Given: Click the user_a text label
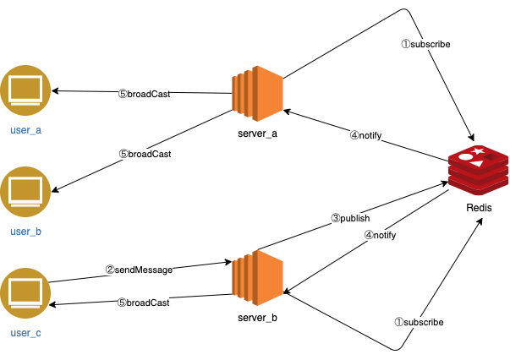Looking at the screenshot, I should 25,130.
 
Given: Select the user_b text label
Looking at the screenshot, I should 25,232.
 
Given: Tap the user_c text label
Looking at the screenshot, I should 25,333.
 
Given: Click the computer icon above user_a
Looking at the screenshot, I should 25,90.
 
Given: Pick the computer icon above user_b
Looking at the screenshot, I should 25,192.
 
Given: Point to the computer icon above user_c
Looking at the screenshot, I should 25,293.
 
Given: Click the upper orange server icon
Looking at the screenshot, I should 257,93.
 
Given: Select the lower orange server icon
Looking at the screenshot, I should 257,277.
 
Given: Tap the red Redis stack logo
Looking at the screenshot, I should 478,171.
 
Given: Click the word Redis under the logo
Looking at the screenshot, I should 479,208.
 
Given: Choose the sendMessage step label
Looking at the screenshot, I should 139,270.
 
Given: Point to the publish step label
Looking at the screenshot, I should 350,218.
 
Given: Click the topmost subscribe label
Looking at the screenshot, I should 425,44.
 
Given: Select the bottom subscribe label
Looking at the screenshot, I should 419,322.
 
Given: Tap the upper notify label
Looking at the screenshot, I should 366,135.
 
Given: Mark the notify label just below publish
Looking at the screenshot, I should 380,235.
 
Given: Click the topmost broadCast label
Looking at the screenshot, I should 144,95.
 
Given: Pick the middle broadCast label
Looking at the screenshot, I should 145,154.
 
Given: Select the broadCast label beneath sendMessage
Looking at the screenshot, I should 143,303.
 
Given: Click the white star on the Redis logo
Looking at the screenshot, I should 478,151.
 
